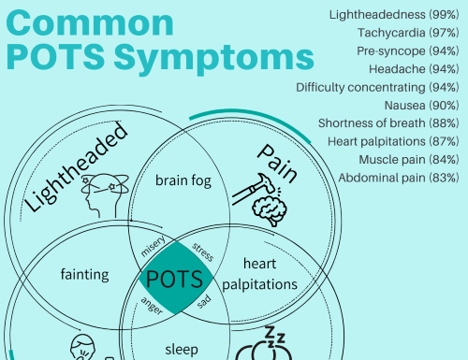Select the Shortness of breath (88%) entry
[388, 122]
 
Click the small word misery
[153, 246]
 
